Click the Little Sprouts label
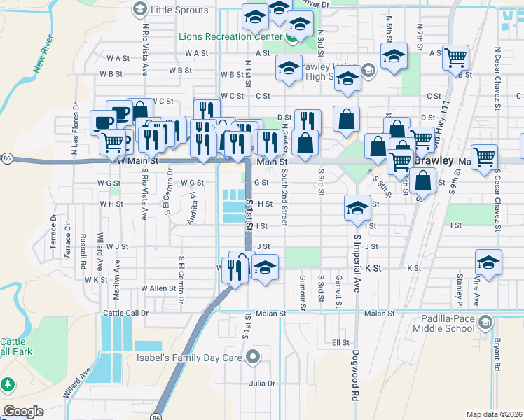180,10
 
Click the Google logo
23,412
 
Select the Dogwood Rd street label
356,375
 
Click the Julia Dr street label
262,384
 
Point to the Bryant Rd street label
496,355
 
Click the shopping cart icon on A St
456,58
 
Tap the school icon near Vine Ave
488,263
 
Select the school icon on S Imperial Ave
357,208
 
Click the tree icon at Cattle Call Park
8,384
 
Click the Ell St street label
340,342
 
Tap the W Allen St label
158,288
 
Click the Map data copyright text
494,414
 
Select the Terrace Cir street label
68,239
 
